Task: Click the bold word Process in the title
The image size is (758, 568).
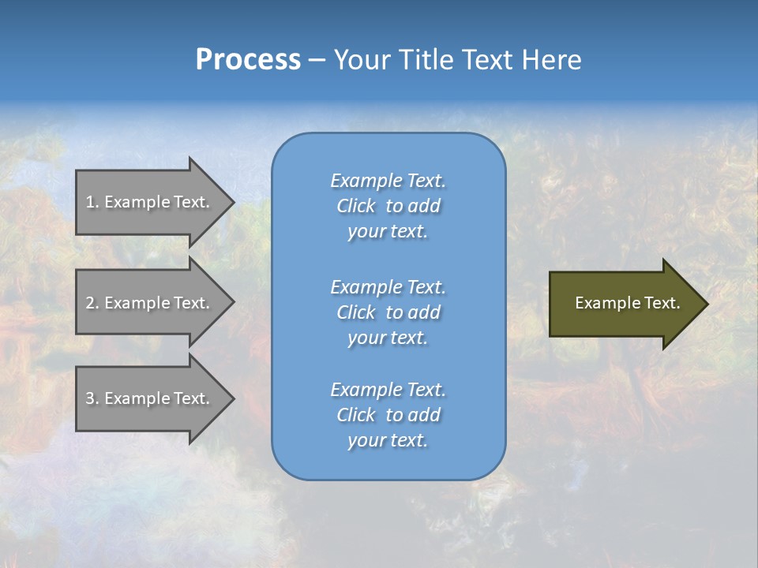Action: (x=248, y=60)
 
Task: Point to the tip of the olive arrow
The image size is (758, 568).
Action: (x=705, y=304)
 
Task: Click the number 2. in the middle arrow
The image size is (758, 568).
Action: (x=92, y=303)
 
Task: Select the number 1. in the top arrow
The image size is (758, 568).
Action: (x=92, y=202)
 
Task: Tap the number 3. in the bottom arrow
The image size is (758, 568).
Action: (x=92, y=398)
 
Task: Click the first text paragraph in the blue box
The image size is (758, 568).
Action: (x=388, y=206)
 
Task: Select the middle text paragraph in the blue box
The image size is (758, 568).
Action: (x=388, y=312)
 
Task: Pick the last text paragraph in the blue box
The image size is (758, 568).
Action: (x=388, y=415)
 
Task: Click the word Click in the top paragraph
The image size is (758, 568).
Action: (x=356, y=207)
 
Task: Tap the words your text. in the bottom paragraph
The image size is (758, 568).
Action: (x=388, y=441)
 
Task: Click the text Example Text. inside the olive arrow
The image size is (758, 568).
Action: (x=627, y=303)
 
